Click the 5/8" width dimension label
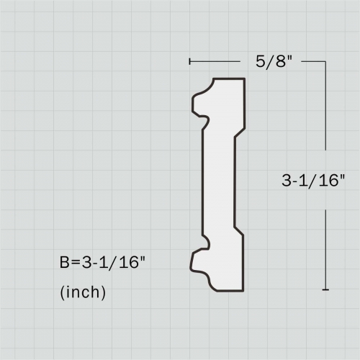pyautogui.click(x=274, y=62)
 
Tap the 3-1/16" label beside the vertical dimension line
pyautogui.click(x=313, y=181)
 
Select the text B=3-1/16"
pyautogui.click(x=103, y=262)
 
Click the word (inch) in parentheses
pyautogui.click(x=83, y=292)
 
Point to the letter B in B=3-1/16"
pyautogui.click(x=64, y=262)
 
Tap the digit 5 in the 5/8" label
pyautogui.click(x=260, y=61)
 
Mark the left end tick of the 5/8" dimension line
pyautogui.click(x=190, y=61)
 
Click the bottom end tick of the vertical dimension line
pyautogui.click(x=325, y=290)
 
